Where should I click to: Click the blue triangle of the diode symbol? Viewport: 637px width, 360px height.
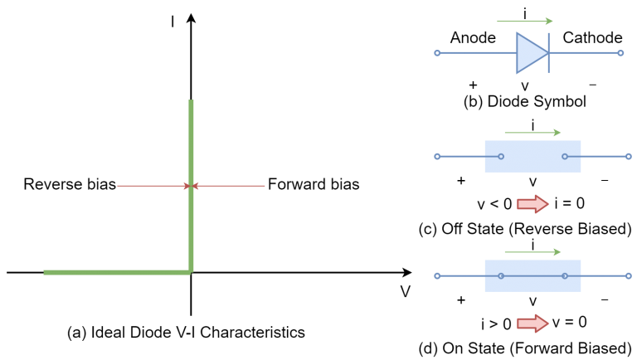tap(530, 53)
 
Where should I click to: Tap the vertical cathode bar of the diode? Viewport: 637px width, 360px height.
tap(548, 53)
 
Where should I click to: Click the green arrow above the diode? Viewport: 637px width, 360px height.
tap(524, 22)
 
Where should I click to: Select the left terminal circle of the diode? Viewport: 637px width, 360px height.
tap(437, 53)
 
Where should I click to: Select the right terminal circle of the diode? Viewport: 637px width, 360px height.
tap(620, 53)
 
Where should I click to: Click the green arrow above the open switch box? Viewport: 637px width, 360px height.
tap(532, 133)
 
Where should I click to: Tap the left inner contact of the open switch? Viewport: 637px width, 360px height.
tap(501, 156)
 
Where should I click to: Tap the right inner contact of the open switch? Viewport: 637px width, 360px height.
tap(565, 156)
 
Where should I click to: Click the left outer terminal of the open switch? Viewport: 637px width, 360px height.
tap(437, 156)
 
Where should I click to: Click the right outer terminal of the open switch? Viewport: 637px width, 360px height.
tap(629, 156)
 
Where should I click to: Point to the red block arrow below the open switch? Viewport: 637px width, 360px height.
tap(532, 204)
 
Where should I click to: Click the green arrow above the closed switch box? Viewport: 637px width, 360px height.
tap(532, 252)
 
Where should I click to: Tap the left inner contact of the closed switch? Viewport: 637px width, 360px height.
tap(501, 275)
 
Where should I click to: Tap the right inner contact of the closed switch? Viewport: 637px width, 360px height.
tap(565, 275)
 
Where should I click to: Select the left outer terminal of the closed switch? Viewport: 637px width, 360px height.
tap(437, 275)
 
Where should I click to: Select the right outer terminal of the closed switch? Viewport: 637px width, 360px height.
tap(629, 275)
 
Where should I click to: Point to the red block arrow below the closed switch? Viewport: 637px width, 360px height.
tap(532, 324)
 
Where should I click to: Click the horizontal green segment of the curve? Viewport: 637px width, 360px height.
tap(116, 272)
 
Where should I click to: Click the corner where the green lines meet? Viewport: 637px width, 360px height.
tap(191, 271)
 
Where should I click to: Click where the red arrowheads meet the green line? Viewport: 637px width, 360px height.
tap(191, 186)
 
